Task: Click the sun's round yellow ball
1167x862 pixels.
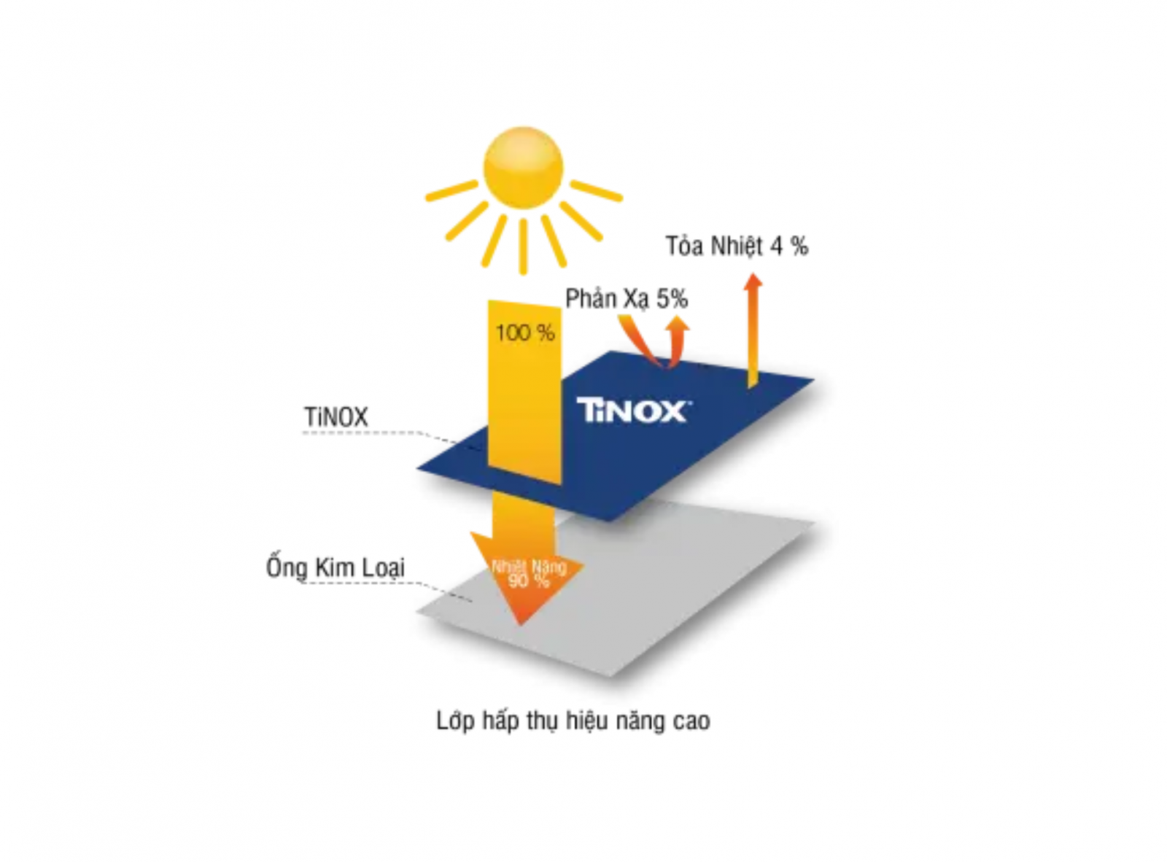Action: [523, 167]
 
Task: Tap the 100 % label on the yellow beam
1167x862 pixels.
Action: [525, 333]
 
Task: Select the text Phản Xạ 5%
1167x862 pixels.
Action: [627, 300]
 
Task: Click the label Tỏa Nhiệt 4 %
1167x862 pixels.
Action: [737, 246]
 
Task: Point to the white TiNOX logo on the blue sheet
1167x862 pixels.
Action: [634, 410]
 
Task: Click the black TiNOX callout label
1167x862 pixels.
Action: [336, 417]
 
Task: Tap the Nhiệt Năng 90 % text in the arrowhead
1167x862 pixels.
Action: [529, 574]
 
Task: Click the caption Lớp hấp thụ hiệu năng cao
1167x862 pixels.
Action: [573, 721]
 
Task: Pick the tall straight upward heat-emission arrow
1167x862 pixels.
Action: [753, 330]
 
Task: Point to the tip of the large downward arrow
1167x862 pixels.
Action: [520, 625]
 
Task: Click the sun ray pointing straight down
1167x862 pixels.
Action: [523, 246]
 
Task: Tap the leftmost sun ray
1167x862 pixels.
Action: [452, 190]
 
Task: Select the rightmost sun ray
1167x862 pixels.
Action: [596, 190]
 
